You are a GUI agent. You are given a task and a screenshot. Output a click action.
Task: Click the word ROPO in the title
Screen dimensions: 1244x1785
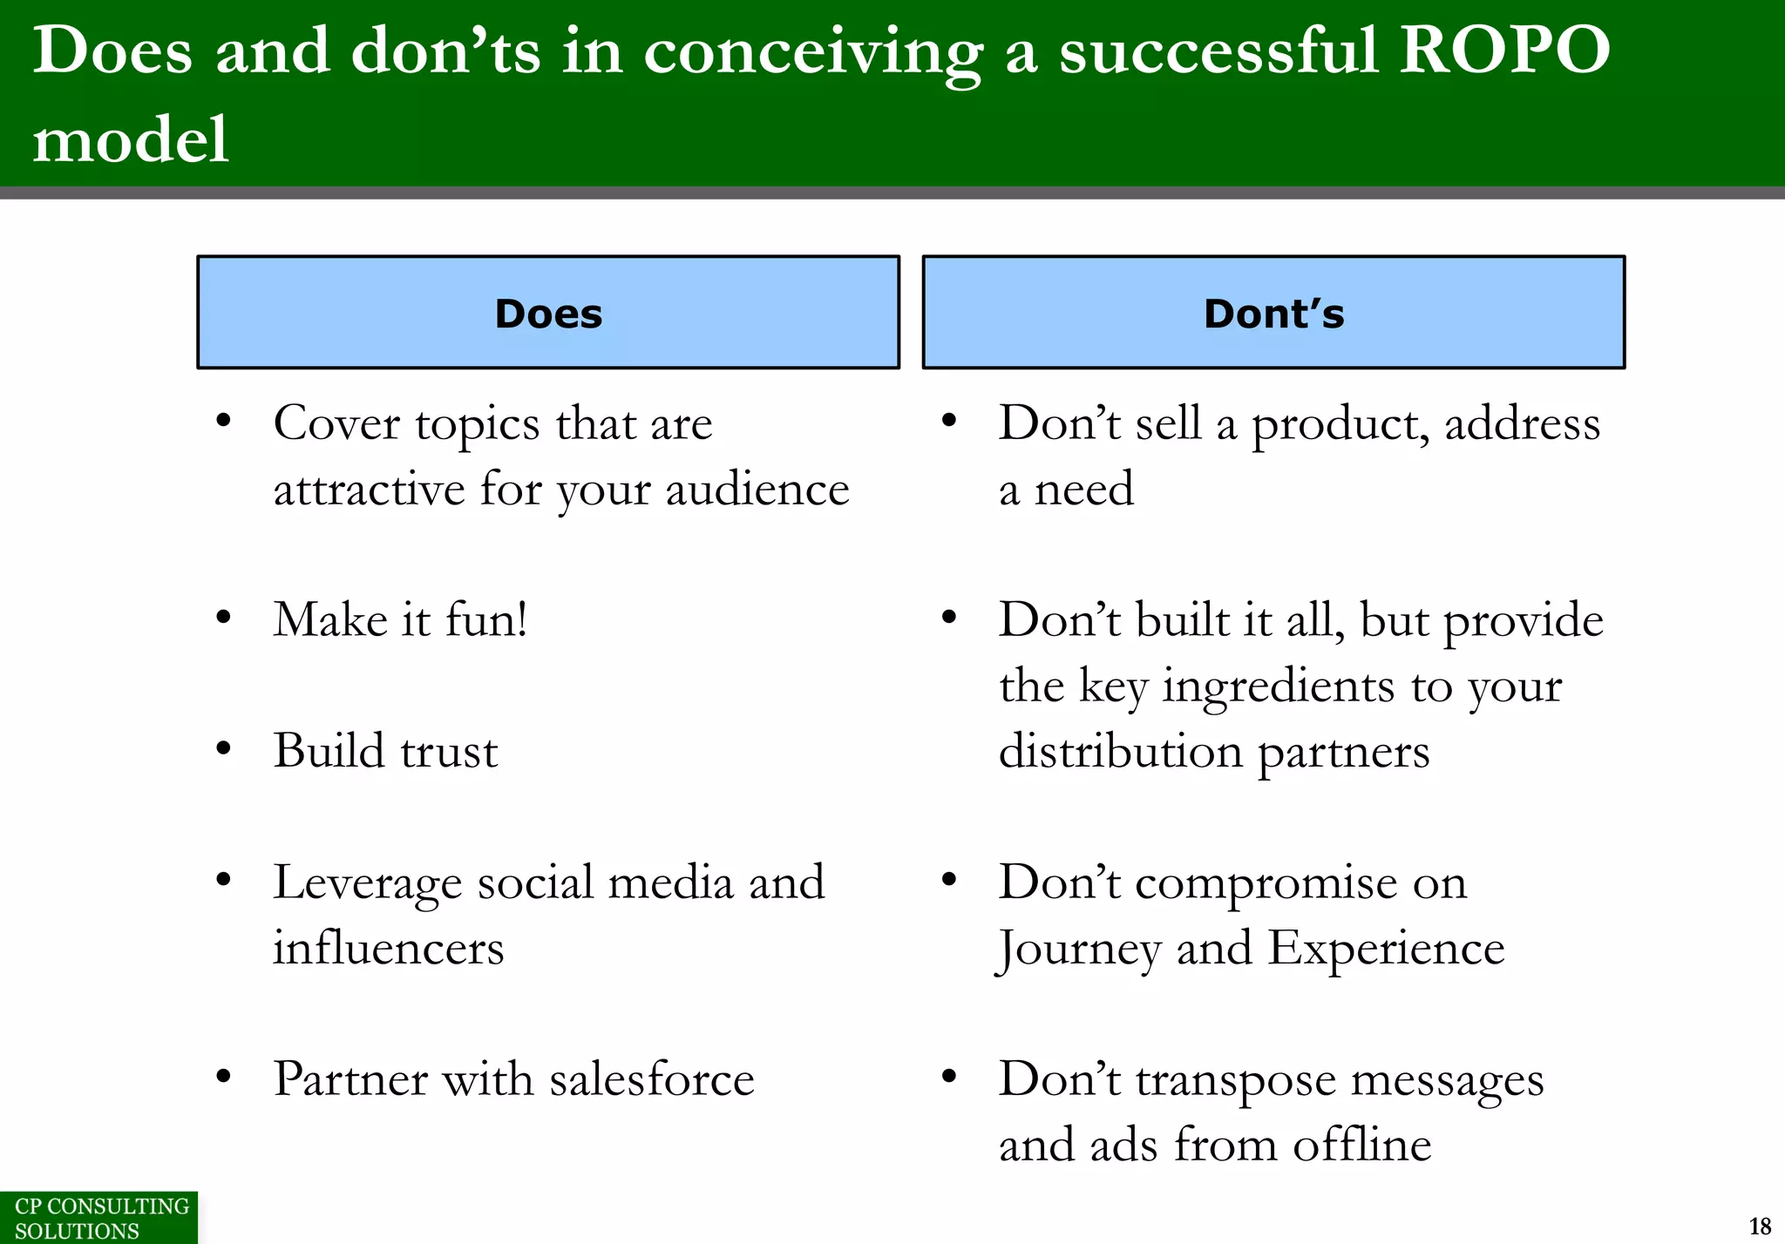tap(1504, 51)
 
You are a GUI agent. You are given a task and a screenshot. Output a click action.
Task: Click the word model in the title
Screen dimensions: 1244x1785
tap(131, 139)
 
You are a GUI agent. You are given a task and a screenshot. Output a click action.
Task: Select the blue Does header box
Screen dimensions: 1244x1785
tap(548, 313)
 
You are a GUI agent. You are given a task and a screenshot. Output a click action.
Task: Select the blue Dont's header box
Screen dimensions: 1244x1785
tap(1273, 313)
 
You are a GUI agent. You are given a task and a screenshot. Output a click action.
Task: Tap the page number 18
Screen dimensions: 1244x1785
tap(1760, 1226)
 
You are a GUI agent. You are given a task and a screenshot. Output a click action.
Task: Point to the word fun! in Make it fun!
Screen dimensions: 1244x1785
tap(485, 620)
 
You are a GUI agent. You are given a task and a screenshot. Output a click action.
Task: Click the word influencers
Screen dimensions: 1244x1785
tap(389, 948)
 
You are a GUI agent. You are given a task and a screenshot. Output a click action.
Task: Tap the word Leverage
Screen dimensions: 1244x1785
tap(367, 883)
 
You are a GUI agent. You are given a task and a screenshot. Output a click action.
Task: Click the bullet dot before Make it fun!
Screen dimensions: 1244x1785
tap(224, 618)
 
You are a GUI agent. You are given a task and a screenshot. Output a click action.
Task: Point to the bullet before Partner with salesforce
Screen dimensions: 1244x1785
tap(224, 1077)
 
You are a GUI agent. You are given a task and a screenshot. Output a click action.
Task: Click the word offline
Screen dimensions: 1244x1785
tap(1361, 1145)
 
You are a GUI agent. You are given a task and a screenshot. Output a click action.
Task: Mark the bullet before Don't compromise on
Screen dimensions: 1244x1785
tap(949, 880)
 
